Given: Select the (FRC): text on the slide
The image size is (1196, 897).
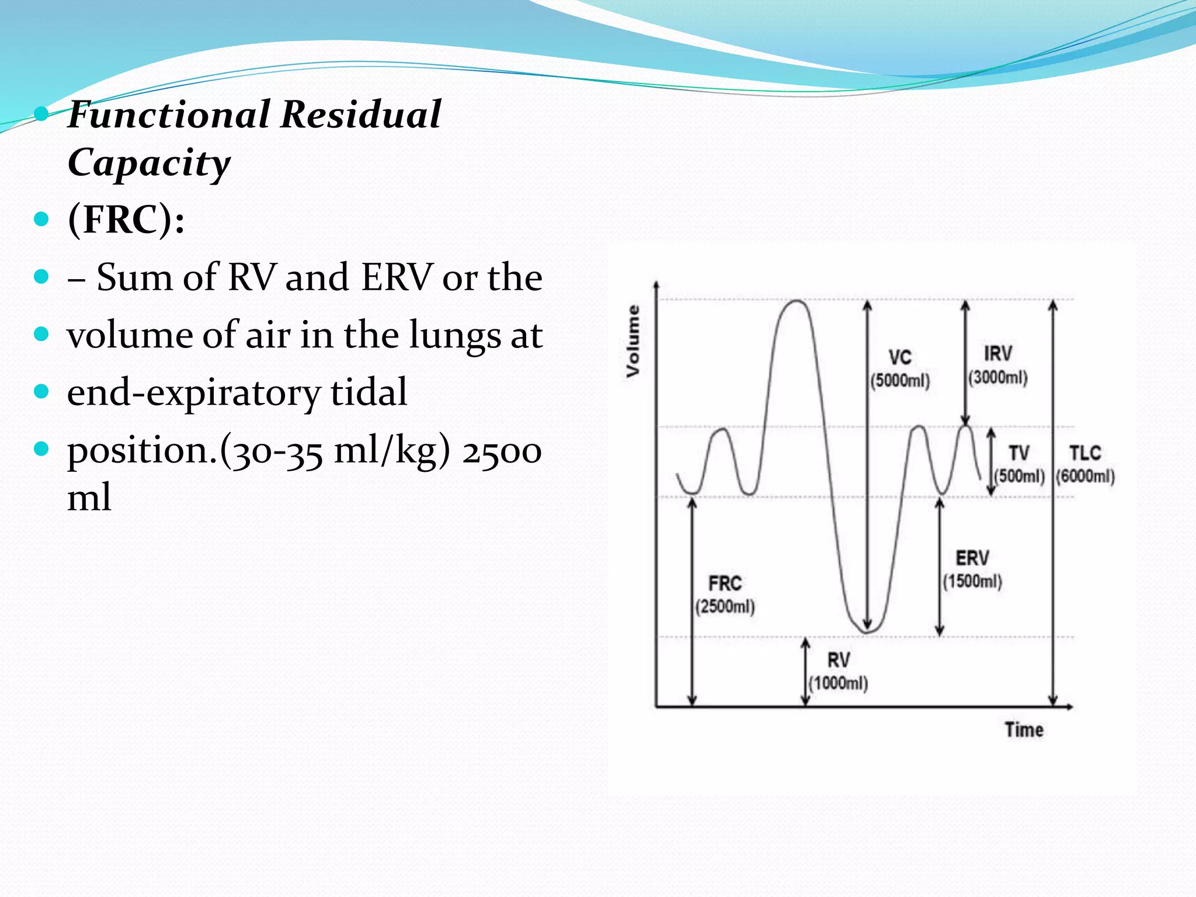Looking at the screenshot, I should coord(126,220).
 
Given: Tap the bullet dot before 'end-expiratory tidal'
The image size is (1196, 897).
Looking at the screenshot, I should coord(41,391).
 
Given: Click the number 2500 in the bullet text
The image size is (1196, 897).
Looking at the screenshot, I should coord(502,451).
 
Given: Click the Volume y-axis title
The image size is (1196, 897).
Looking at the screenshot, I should coord(633,341).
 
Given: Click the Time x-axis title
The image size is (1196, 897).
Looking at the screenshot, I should coord(1023,730).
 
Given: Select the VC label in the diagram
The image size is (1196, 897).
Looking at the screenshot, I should coord(900,357).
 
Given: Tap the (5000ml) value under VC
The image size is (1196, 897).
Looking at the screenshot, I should coord(900,381).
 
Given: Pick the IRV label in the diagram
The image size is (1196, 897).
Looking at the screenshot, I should coord(997,353).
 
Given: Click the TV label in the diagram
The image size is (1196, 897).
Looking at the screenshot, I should coord(1019,453).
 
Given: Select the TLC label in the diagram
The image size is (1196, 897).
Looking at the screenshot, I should coord(1085,453).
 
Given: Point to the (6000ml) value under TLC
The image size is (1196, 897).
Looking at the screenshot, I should coord(1086,476).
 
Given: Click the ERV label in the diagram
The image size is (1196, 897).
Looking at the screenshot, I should coord(972,558).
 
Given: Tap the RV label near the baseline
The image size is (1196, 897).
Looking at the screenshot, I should coord(839,660).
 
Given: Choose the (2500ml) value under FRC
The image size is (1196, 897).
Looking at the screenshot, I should coord(725,606).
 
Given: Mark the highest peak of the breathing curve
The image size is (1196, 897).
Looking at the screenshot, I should coord(797,301).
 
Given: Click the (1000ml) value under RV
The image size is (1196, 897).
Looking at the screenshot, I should coord(839,683).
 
